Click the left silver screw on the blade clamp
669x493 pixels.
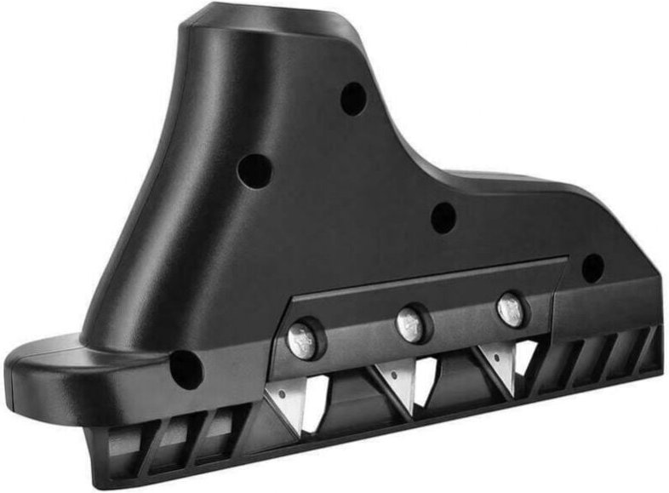pos(303,341)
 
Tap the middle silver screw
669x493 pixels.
pos(409,324)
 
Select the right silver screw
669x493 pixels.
pos(511,308)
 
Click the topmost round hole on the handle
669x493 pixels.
pos(353,100)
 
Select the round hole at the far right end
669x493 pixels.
pos(592,268)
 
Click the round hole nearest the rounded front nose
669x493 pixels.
pos(186,370)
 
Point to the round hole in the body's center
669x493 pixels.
pos(443,217)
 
